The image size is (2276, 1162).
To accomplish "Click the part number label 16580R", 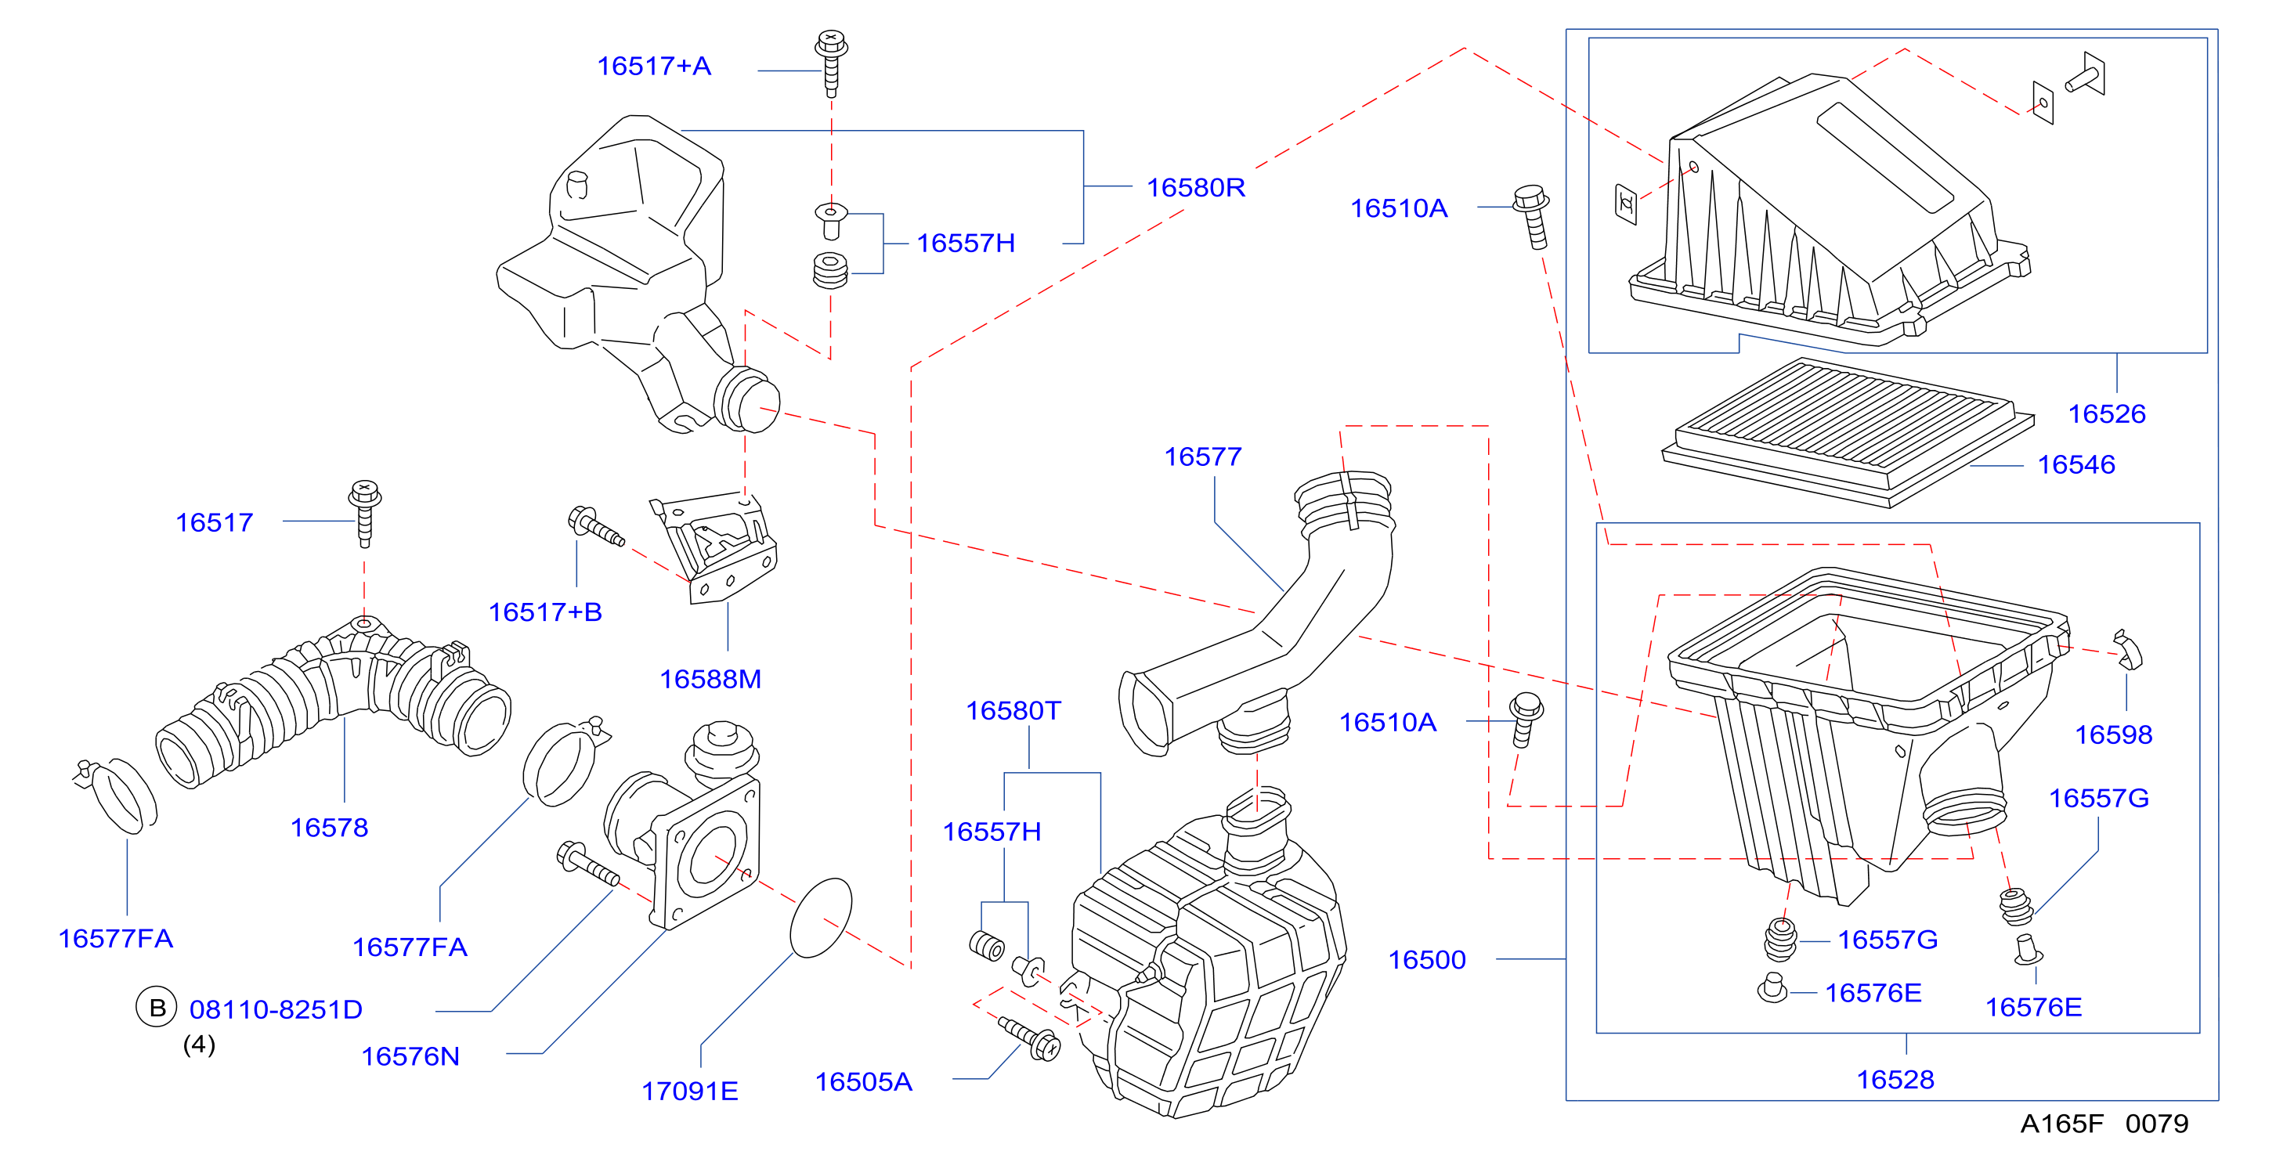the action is coord(1195,187).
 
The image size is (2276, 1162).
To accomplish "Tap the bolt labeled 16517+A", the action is coord(830,63).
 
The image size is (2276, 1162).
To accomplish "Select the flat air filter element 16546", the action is coord(1848,432).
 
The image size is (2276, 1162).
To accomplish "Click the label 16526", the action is coord(2106,413).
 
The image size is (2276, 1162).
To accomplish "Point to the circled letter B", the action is coord(157,1008).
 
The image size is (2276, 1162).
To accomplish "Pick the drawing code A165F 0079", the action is coord(2104,1123).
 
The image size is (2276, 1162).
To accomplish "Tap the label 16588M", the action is coord(710,679).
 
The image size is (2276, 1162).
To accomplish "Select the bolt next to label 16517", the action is coord(364,514).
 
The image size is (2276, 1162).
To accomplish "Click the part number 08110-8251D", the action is coord(276,1009).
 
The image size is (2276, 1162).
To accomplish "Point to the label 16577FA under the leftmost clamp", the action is coord(116,938).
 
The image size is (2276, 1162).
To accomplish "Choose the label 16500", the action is coord(1427,960).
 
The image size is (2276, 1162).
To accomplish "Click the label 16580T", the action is coord(1013,710).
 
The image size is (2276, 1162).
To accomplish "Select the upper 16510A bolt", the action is coord(1532,216).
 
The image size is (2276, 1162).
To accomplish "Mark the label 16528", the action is coord(1895,1079).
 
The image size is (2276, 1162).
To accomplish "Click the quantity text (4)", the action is coord(199,1045).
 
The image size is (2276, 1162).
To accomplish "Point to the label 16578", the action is coord(330,827).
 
